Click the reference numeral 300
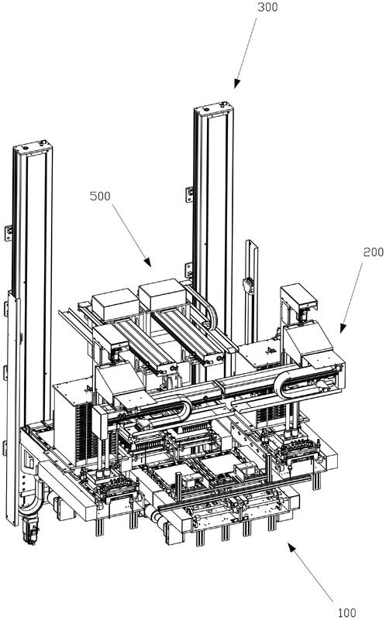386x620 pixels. (x=267, y=7)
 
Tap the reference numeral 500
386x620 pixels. (x=100, y=196)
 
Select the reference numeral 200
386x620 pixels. (x=374, y=252)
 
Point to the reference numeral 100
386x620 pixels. (x=346, y=612)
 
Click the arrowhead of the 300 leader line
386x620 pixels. (x=236, y=84)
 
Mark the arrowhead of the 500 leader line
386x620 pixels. (x=147, y=262)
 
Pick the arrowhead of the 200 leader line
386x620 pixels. (x=343, y=327)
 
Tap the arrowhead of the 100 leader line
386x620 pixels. (x=291, y=548)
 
